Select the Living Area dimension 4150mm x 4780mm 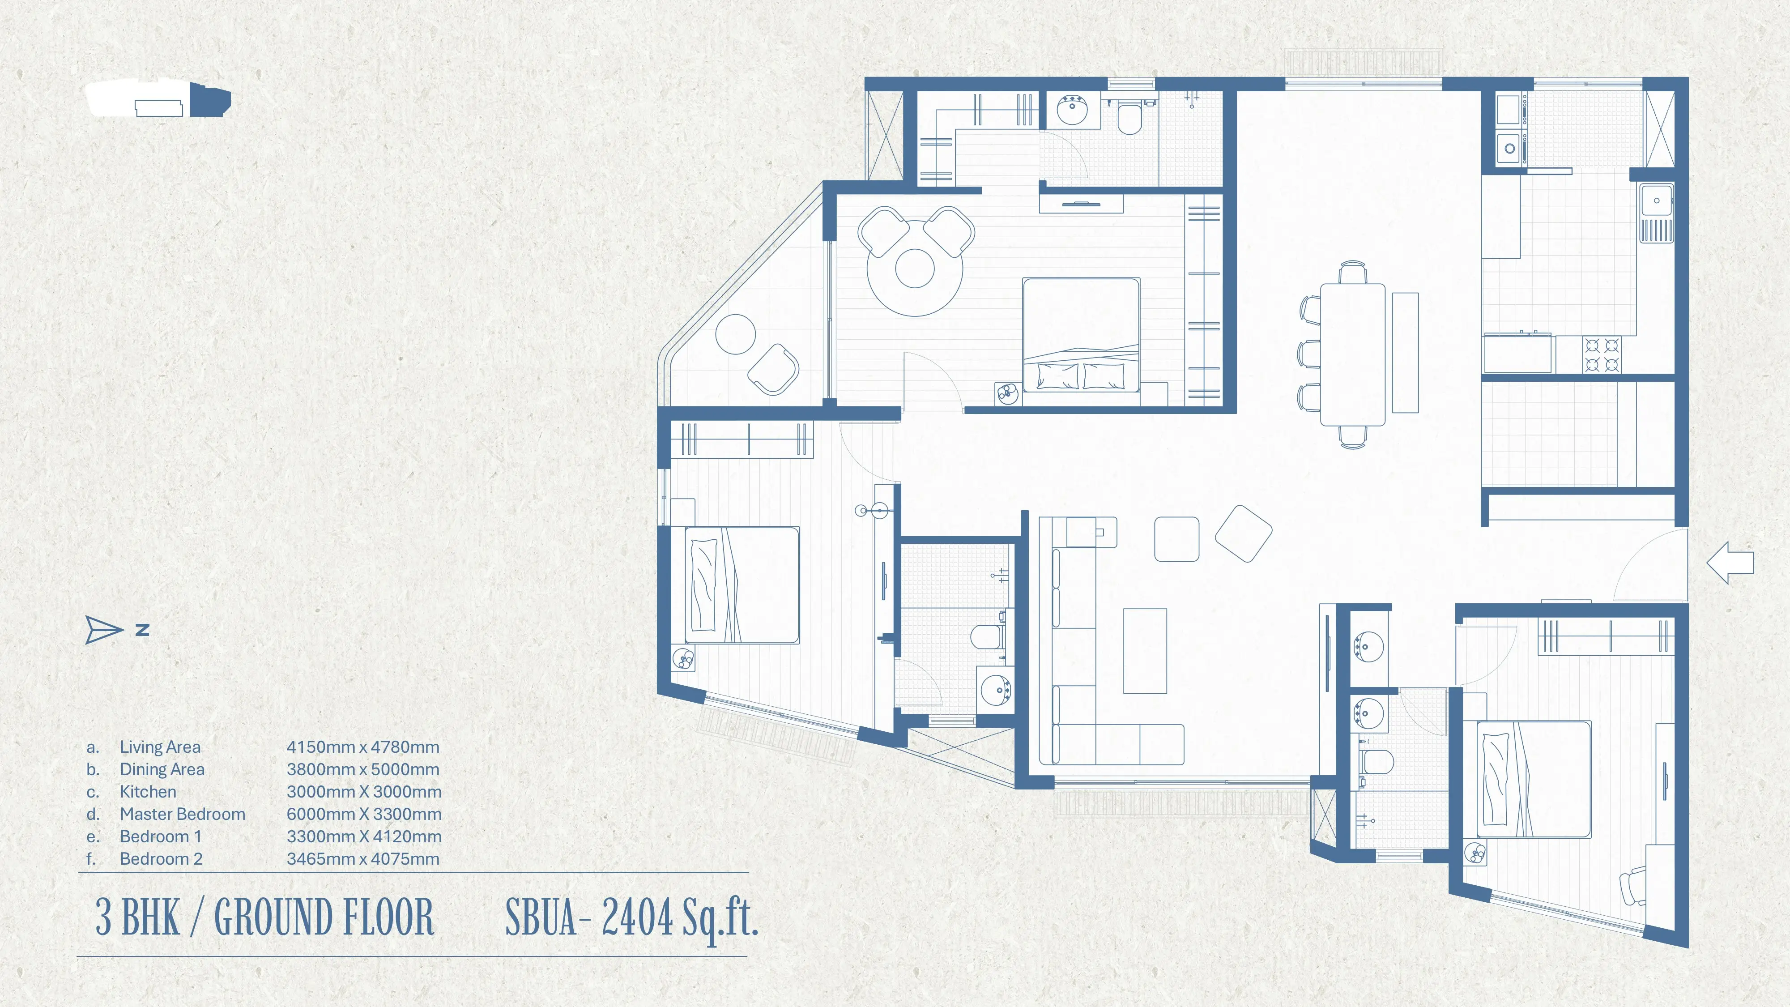(x=363, y=747)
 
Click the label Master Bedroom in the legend (x=182, y=814)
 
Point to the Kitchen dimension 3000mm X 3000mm (x=363, y=792)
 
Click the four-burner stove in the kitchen (x=1602, y=354)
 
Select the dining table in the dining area (x=1352, y=354)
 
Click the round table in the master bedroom (x=914, y=269)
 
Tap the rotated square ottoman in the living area (x=1243, y=533)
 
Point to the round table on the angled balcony (x=735, y=334)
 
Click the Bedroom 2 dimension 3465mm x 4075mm (x=363, y=859)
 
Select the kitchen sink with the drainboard (x=1657, y=213)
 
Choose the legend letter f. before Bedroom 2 (x=91, y=859)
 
